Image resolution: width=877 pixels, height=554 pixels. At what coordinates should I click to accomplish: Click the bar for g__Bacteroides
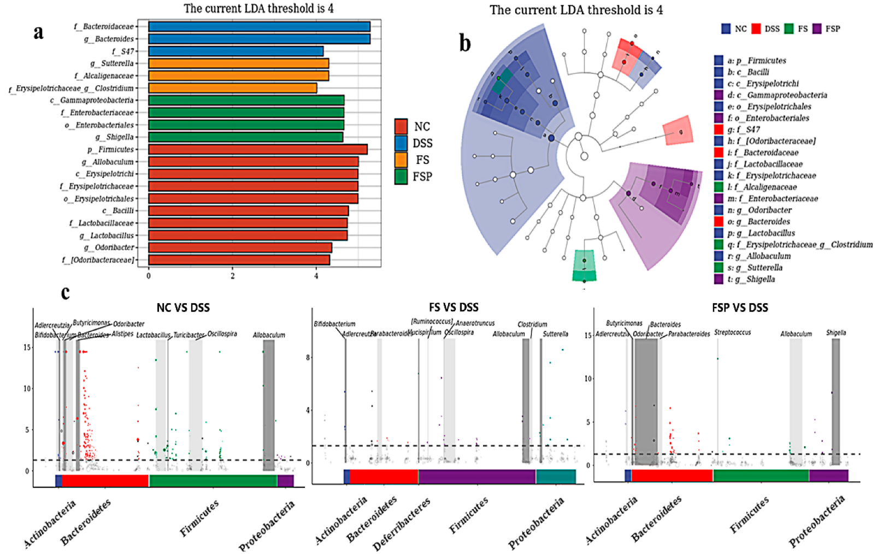[x=259, y=39]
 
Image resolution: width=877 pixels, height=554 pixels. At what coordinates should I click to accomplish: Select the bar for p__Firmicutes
[x=257, y=149]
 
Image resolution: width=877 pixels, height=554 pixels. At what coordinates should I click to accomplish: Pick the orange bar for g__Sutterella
[x=238, y=63]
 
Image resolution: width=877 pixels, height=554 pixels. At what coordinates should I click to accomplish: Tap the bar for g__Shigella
[x=245, y=137]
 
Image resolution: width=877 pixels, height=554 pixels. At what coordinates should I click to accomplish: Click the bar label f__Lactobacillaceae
[x=102, y=223]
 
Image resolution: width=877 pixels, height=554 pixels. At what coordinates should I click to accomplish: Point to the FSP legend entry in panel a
[x=422, y=176]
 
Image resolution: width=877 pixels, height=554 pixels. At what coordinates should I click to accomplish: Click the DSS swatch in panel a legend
[x=401, y=143]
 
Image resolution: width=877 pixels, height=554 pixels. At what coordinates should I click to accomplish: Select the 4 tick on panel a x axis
[x=316, y=276]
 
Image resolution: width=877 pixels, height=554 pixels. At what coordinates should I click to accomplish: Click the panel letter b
[x=465, y=43]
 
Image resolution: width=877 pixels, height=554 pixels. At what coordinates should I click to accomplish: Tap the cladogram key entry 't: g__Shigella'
[x=761, y=279]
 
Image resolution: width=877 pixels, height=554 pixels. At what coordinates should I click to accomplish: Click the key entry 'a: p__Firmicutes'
[x=756, y=61]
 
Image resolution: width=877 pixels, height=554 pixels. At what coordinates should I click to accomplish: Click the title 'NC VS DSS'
[x=183, y=308]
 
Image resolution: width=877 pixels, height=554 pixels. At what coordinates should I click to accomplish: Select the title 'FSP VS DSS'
[x=740, y=308]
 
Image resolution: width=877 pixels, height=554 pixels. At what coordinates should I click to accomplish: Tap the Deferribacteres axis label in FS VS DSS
[x=401, y=524]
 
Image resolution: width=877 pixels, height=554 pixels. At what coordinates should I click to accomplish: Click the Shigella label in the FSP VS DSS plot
[x=836, y=332]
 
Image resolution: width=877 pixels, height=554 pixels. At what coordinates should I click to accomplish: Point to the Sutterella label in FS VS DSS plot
[x=555, y=334]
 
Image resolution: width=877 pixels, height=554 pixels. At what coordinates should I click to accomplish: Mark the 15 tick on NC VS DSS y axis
[x=27, y=347]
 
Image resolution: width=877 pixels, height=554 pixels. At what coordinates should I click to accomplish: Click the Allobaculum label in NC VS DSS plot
[x=269, y=335]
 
